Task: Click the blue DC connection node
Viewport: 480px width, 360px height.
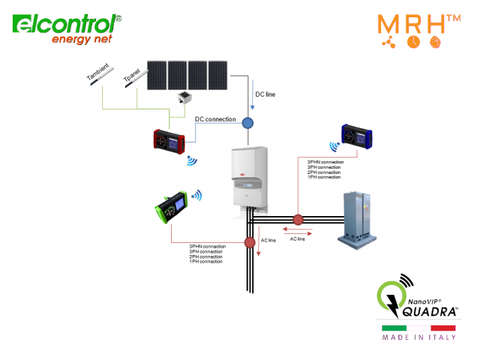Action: [248, 121]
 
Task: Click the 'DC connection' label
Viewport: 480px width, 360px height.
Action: [215, 119]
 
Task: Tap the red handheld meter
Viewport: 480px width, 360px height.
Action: [170, 140]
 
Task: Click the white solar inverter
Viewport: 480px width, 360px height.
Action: [247, 177]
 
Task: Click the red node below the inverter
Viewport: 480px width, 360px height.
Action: [250, 243]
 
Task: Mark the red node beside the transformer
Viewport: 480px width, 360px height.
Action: [298, 220]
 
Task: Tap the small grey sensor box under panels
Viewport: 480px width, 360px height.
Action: [183, 98]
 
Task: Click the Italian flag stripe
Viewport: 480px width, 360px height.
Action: [419, 328]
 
